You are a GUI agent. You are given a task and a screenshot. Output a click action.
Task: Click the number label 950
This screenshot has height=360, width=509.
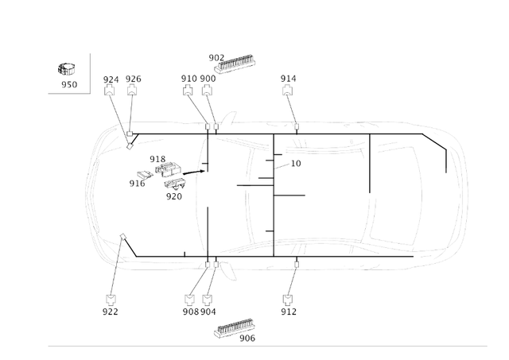click(x=69, y=85)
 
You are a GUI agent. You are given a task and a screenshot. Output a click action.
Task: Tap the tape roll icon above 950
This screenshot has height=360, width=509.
click(x=67, y=69)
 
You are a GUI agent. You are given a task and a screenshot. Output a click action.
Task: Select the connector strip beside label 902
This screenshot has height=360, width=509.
click(x=235, y=63)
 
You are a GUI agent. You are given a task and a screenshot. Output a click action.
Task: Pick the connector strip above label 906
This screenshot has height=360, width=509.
click(x=235, y=328)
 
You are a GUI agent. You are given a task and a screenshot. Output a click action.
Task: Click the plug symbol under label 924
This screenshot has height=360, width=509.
click(x=110, y=90)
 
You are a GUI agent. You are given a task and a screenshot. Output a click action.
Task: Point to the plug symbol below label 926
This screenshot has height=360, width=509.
click(x=132, y=90)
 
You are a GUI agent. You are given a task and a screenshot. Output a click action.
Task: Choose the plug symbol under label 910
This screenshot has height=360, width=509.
click(x=188, y=90)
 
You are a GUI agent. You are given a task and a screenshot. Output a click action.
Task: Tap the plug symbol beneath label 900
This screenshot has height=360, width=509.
click(x=207, y=90)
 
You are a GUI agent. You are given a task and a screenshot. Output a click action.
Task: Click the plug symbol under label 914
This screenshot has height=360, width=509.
click(x=288, y=90)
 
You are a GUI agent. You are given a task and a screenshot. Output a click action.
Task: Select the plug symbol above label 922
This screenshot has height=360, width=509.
click(x=111, y=300)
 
